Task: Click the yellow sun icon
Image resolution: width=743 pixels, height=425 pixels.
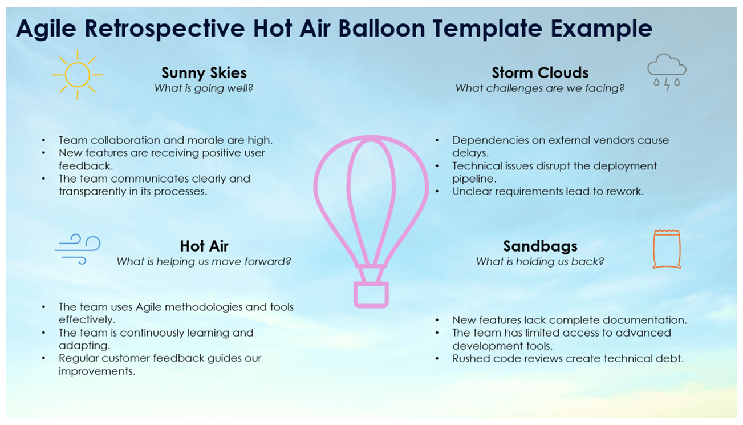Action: click(x=78, y=75)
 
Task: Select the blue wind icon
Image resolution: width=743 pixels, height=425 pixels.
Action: click(x=78, y=249)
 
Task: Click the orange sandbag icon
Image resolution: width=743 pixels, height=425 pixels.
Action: click(x=667, y=249)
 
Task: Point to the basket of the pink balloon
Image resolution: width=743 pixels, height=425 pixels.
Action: click(x=371, y=294)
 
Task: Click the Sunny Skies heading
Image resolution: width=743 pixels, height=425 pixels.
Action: click(x=204, y=72)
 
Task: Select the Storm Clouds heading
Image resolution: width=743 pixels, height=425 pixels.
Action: click(x=540, y=72)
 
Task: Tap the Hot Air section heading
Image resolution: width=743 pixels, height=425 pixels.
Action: click(x=204, y=246)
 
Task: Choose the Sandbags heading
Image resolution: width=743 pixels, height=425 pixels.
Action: click(x=540, y=246)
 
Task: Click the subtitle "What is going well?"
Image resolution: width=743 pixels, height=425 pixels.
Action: click(x=204, y=88)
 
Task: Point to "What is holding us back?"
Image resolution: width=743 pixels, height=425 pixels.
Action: click(x=540, y=262)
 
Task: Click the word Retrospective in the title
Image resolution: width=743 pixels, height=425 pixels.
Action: click(x=165, y=29)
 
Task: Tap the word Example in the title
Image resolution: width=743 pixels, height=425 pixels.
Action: click(x=602, y=29)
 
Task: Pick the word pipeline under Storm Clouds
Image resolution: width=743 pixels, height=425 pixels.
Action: click(x=474, y=179)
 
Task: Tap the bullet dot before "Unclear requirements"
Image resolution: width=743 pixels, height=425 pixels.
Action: click(x=437, y=192)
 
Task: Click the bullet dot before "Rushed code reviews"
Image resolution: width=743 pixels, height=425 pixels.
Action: click(x=437, y=359)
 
